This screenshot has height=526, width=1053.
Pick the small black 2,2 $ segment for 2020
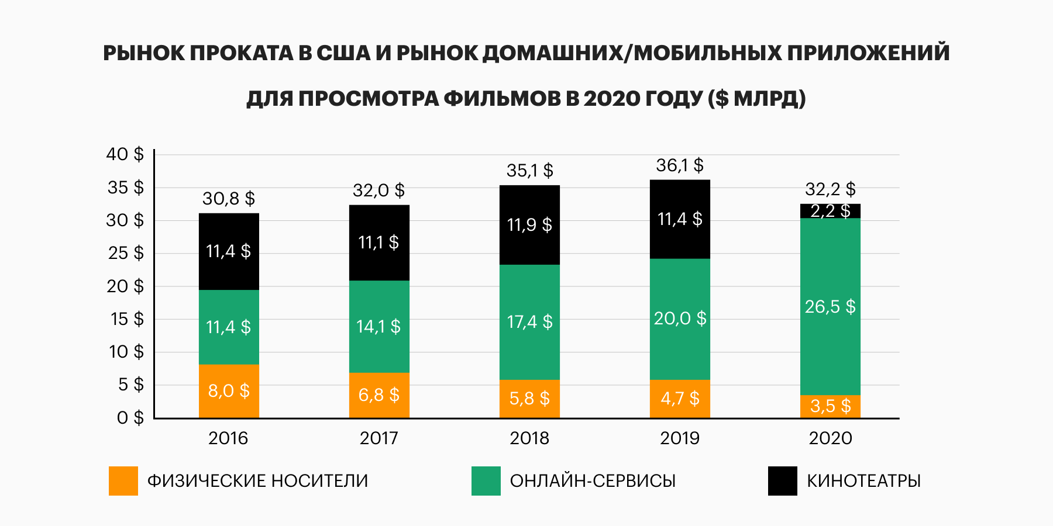point(830,211)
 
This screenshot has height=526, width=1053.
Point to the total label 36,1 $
point(680,165)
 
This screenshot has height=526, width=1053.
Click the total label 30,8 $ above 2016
point(229,199)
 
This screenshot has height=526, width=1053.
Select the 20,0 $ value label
point(680,319)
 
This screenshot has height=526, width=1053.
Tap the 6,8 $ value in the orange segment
point(379,395)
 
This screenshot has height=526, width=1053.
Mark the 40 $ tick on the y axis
point(125,154)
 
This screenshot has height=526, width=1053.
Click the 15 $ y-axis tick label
point(126,319)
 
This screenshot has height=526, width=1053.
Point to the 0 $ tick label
point(130,418)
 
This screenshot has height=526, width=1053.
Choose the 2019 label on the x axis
point(680,438)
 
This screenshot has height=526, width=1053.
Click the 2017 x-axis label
point(379,438)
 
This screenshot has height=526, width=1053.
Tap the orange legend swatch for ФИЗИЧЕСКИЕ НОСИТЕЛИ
point(123,481)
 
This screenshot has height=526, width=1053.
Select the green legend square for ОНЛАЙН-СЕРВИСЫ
point(486,481)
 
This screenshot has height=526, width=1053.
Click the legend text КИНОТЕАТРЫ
point(863,481)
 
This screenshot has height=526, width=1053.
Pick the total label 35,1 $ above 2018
point(529,171)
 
